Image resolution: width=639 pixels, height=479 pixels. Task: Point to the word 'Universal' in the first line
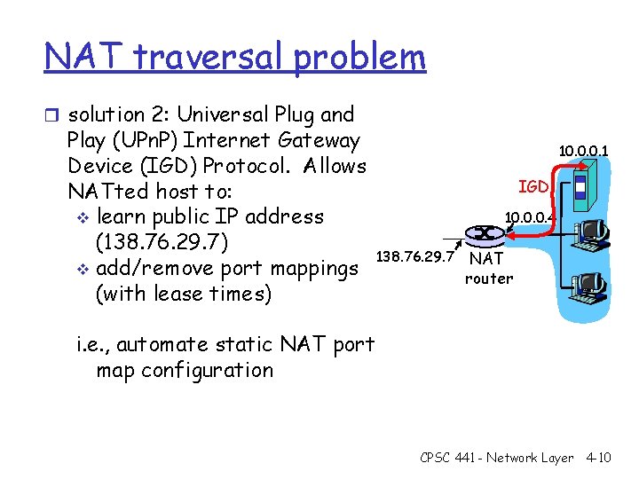(x=219, y=114)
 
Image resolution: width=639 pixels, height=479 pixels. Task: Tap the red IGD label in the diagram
(x=533, y=186)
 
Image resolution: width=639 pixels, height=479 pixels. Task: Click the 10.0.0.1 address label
(x=583, y=152)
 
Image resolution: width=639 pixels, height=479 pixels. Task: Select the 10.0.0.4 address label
(x=529, y=216)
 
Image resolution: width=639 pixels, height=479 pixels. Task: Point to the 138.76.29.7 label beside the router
(x=415, y=256)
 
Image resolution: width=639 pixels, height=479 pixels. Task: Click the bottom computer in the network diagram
(x=589, y=282)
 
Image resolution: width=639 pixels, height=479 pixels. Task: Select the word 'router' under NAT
(x=489, y=279)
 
